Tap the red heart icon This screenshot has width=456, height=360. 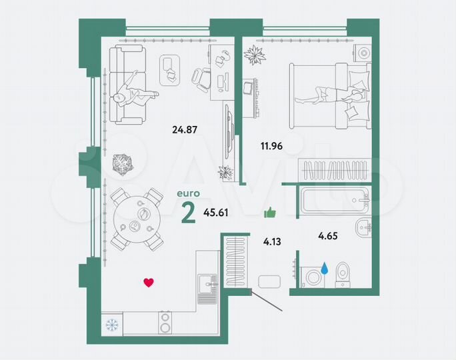[x=149, y=282]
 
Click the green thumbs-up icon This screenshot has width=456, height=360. [x=270, y=213]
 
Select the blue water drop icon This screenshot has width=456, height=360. [x=325, y=268]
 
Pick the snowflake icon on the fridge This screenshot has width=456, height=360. [x=111, y=325]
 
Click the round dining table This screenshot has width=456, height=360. [x=136, y=218]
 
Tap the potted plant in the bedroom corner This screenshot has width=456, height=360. [x=255, y=55]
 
